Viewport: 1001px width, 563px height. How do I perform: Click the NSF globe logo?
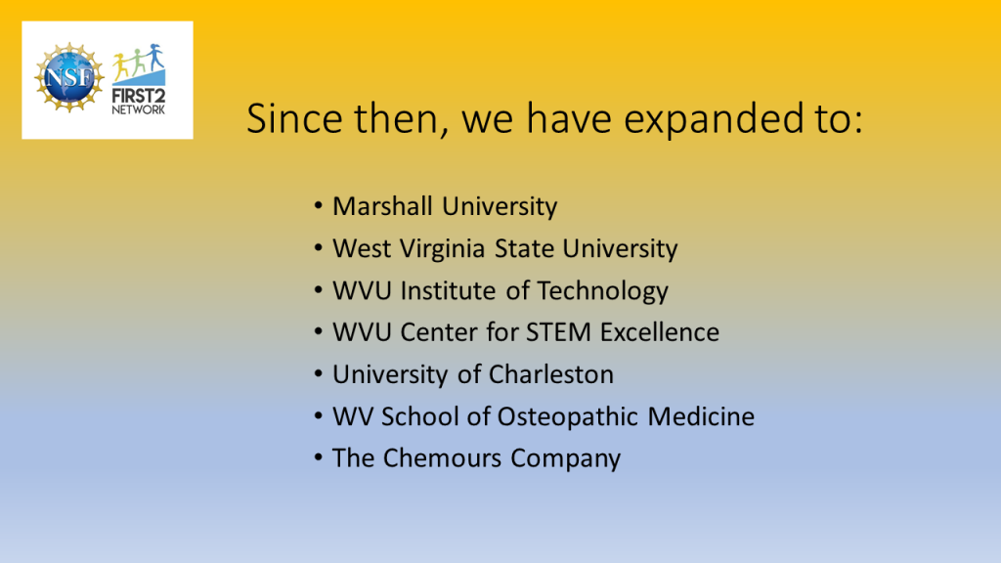coord(69,78)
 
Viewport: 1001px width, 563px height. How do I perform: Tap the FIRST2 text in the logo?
coord(139,97)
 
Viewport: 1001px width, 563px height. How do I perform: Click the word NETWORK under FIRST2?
coord(139,109)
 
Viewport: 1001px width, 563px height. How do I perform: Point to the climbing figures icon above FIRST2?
coord(139,65)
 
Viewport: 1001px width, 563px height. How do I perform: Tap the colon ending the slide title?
coord(856,122)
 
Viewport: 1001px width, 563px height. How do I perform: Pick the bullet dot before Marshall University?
coord(318,205)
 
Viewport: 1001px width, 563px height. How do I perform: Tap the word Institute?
coord(448,290)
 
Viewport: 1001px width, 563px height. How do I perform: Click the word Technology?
coord(602,291)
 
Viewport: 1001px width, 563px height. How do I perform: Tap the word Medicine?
coord(701,416)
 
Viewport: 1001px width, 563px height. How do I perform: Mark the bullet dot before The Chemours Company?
coord(318,457)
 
